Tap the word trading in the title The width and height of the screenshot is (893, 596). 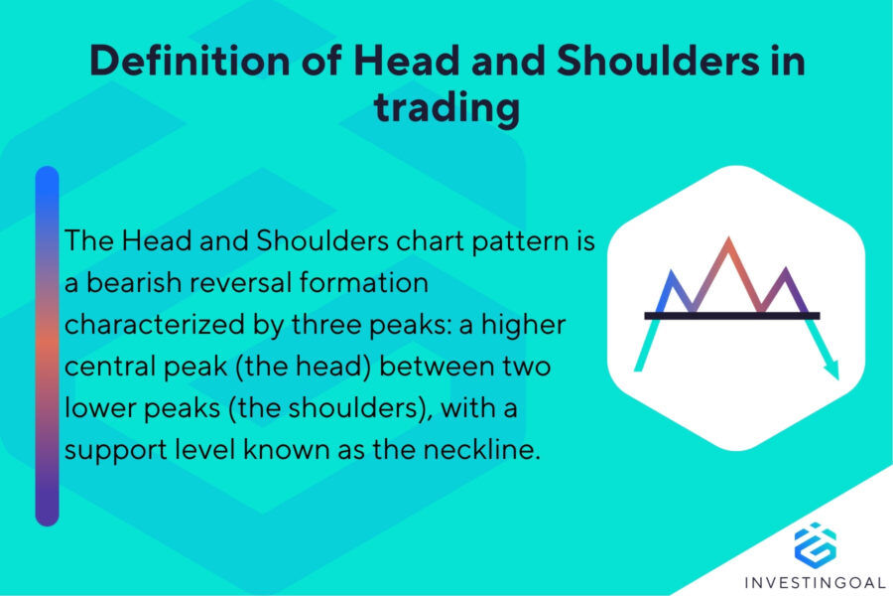point(446,107)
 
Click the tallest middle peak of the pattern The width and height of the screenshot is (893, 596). point(729,241)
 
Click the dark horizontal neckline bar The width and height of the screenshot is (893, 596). point(732,315)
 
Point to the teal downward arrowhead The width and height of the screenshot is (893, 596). point(830,372)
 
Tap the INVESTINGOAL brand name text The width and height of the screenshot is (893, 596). point(815,578)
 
